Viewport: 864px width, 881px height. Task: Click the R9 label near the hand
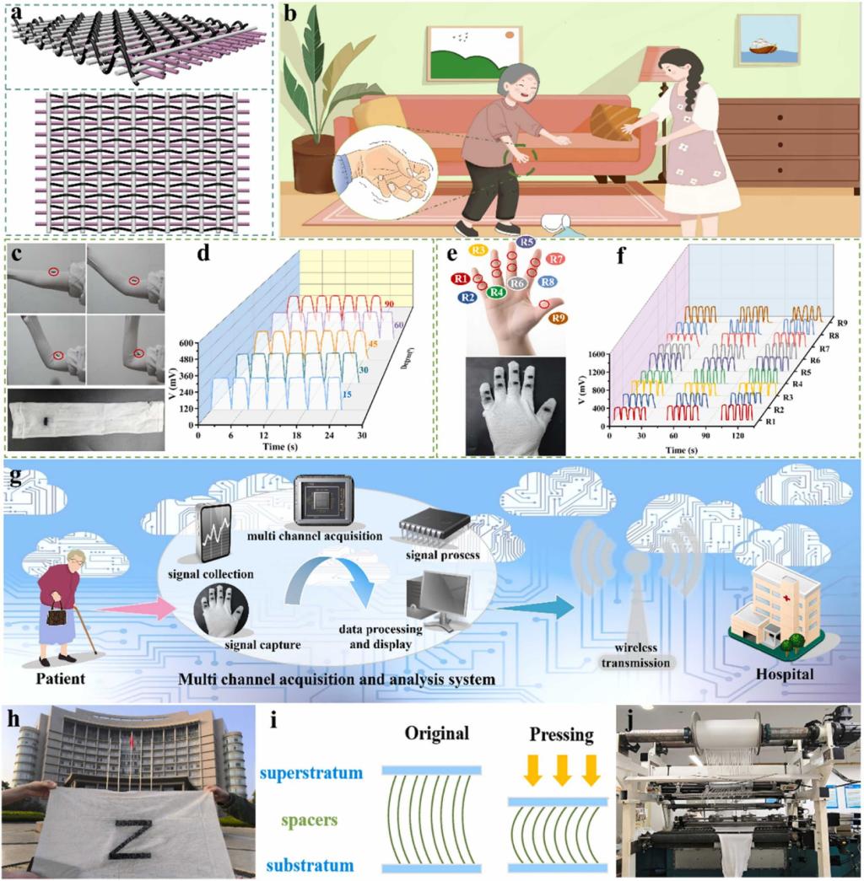557,318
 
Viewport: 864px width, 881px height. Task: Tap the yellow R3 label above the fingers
478,250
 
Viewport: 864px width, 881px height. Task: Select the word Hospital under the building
786,675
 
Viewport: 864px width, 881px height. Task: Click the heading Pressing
558,735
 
